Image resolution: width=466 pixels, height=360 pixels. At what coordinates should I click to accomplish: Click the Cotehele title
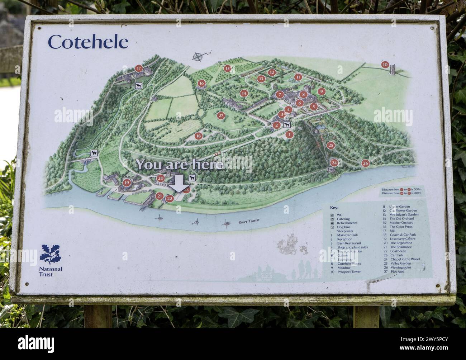click(x=88, y=42)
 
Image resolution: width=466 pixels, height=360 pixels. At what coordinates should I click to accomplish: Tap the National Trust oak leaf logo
click(x=51, y=253)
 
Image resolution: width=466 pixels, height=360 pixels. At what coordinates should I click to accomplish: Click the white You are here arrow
click(x=179, y=184)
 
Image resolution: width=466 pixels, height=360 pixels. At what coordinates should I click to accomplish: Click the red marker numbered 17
click(x=139, y=68)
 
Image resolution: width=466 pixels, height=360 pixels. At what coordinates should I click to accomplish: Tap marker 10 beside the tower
click(x=385, y=65)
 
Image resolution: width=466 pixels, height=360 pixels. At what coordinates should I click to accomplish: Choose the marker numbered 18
click(x=198, y=136)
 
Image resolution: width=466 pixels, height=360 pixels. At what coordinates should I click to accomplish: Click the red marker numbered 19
click(x=126, y=183)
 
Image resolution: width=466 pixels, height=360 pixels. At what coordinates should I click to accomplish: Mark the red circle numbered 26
click(x=365, y=162)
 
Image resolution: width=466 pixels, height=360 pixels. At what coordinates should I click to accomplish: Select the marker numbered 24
click(x=334, y=162)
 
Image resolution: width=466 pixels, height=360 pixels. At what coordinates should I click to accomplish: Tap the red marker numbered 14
click(x=244, y=93)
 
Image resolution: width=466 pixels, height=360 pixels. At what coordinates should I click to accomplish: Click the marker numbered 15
click(x=227, y=68)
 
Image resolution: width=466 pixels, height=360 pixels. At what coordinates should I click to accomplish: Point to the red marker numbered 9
click(x=321, y=91)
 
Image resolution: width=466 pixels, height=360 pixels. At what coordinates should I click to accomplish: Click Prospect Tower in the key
click(x=348, y=272)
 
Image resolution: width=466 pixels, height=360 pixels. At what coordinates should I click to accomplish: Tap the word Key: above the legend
click(x=334, y=208)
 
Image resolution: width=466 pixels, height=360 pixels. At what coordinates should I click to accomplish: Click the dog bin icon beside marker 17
click(x=138, y=85)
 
